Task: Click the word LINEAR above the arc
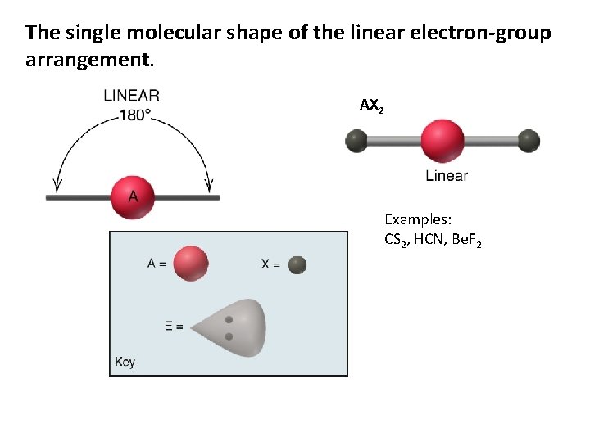pos(132,97)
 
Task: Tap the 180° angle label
pos(135,115)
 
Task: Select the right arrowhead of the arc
pos(208,185)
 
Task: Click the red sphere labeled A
pos(133,196)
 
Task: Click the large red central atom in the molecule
pos(442,141)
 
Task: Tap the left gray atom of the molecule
pos(356,142)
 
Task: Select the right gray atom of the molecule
pos(529,141)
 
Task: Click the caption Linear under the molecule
pos(447,176)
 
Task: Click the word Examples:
pos(419,219)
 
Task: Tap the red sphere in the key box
pos(191,264)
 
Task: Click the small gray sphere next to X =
pos(297,264)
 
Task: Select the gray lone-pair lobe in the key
pos(234,327)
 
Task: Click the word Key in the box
pos(125,362)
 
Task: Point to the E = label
pos(174,326)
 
